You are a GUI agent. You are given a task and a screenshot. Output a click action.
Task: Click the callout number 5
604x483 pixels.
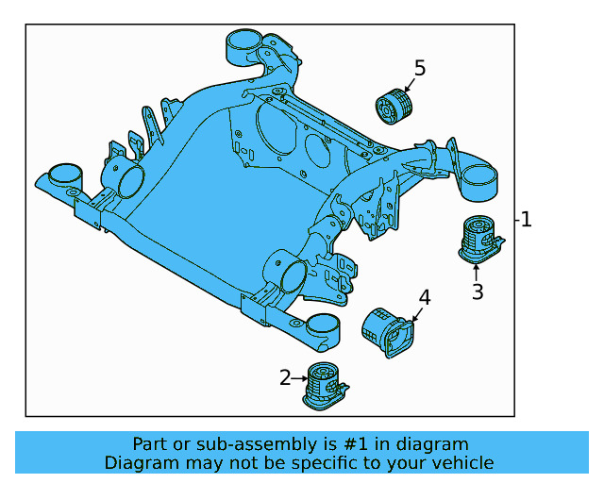coord(420,68)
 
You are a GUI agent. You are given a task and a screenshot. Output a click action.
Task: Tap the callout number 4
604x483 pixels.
coord(425,298)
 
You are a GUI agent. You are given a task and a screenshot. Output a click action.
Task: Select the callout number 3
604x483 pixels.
coord(478,292)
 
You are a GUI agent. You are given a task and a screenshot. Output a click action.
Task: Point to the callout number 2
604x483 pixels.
coord(285,378)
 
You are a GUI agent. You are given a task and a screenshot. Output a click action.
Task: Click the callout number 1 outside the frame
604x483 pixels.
coord(527,220)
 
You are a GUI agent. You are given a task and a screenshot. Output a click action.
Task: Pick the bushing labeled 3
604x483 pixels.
coord(480,237)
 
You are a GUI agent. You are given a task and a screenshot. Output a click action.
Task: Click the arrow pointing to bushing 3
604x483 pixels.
coord(476,272)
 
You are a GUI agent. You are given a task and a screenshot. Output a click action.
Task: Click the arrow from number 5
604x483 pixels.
coord(410,85)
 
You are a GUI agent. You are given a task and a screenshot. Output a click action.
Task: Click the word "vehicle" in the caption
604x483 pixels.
coord(461,463)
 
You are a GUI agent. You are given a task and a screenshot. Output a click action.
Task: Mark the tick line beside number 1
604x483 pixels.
coord(517,220)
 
